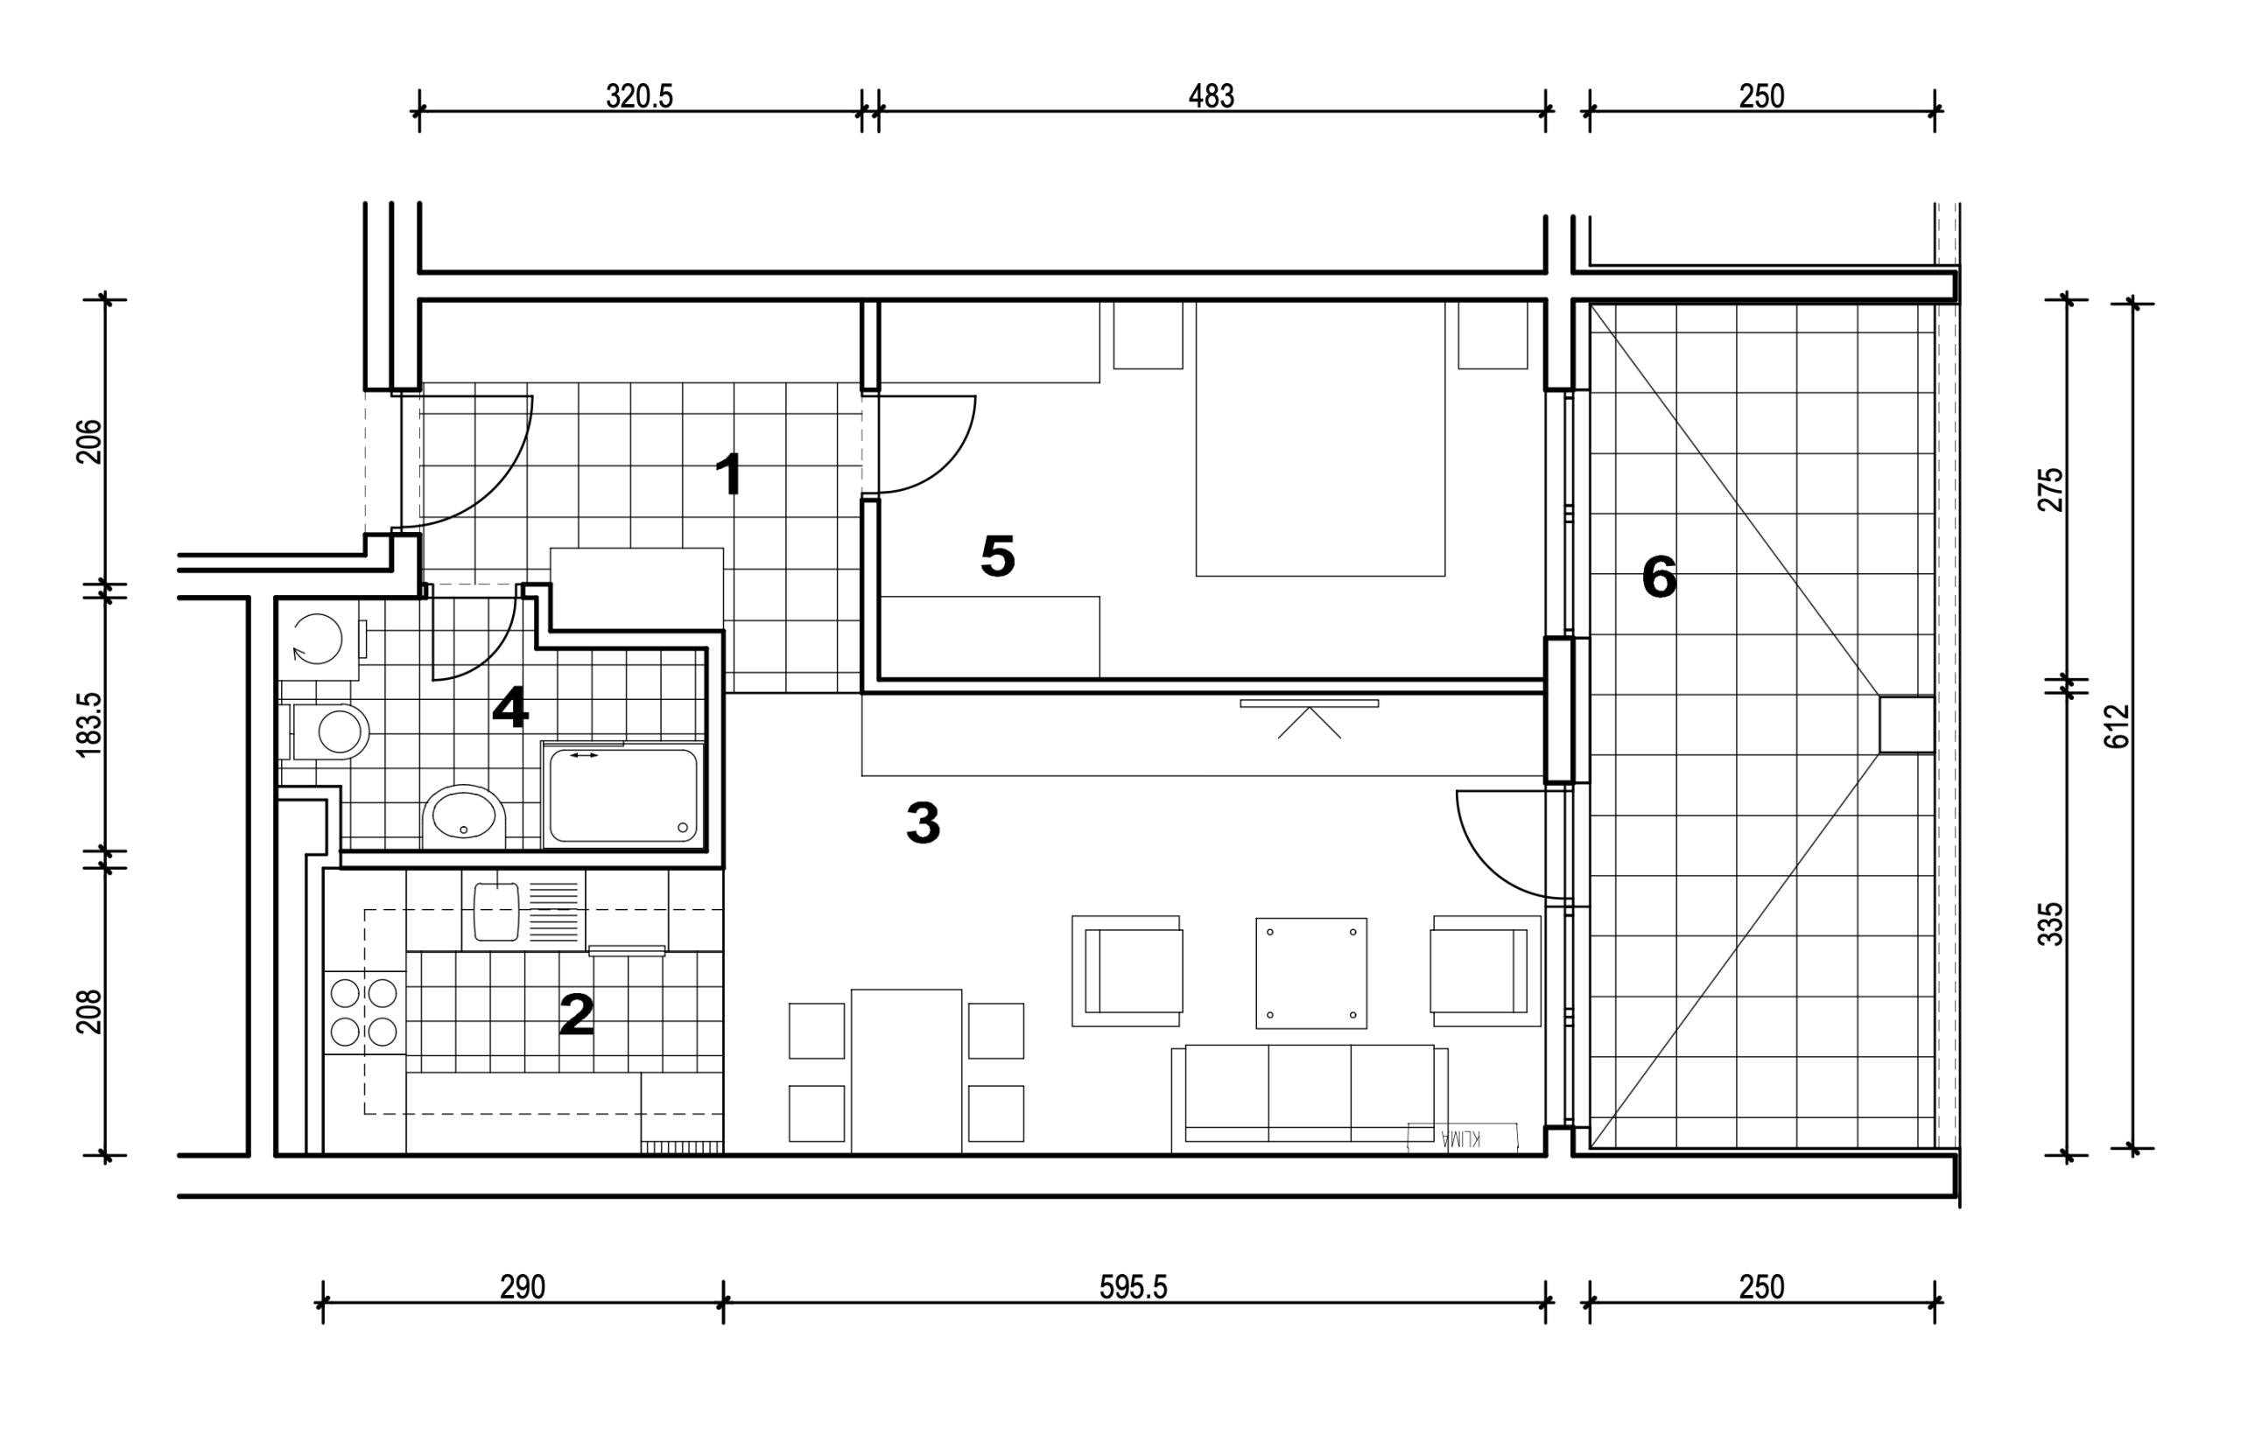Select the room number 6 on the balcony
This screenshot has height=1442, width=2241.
coord(1659,577)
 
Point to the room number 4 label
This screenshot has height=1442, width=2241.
coord(510,708)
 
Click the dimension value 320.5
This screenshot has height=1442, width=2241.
coord(640,95)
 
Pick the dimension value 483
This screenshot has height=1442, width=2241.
coord(1211,95)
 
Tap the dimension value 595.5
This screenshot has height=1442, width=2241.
coord(1133,1287)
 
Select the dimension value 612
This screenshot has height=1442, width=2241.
coord(2118,725)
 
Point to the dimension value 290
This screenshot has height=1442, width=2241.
coord(522,1287)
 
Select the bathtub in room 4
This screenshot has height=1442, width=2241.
coord(622,795)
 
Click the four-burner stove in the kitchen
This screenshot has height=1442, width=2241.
coord(364,1011)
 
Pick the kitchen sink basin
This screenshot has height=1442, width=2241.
coord(496,911)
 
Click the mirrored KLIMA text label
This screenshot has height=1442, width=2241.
coord(1462,1137)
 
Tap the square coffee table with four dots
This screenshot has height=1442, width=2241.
coord(1311,973)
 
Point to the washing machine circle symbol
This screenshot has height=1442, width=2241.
coord(317,640)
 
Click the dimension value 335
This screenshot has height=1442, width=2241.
coord(2050,923)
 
